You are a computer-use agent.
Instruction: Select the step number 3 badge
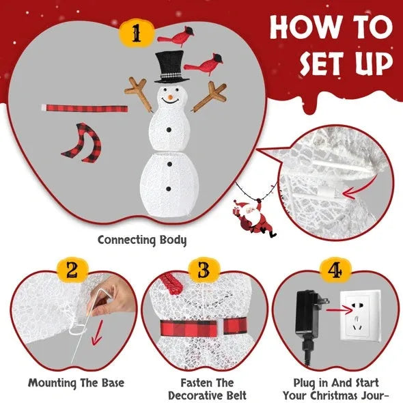[x=201, y=270]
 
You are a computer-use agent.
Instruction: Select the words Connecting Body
[x=141, y=240]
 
